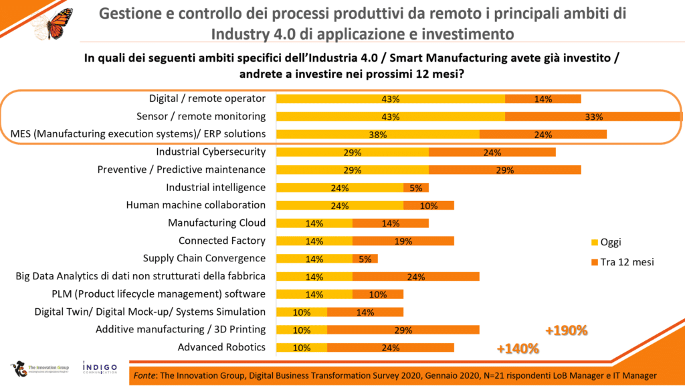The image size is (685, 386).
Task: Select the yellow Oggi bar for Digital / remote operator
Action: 390,99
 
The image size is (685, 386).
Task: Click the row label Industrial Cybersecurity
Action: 211,152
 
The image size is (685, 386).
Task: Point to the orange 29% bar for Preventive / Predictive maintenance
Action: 504,170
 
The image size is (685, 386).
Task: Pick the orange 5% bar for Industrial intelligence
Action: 415,188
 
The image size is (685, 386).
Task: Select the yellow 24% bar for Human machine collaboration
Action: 339,206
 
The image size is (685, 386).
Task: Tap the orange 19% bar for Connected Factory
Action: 403,241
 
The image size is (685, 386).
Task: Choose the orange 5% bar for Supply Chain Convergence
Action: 365,259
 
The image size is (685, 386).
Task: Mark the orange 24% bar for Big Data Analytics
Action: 415,276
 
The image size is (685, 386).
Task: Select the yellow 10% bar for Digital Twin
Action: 302,312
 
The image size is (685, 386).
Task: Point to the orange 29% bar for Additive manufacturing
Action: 403,330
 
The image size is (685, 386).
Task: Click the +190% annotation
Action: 566,330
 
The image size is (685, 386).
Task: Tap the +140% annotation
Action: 518,348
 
